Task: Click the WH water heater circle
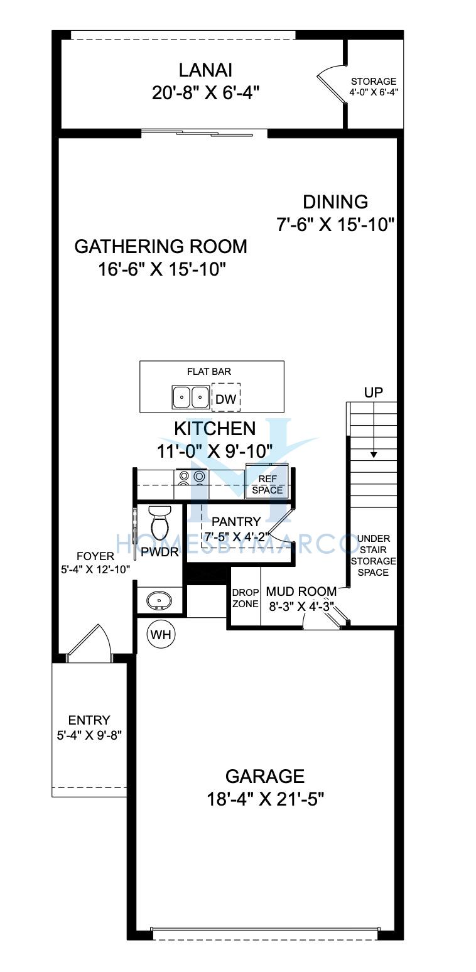click(x=161, y=635)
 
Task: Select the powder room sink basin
click(x=159, y=600)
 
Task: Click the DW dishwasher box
click(x=226, y=397)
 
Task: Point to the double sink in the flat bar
click(x=191, y=397)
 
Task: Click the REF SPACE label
click(x=268, y=484)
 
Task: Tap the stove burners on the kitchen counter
click(x=192, y=481)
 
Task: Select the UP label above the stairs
click(x=374, y=392)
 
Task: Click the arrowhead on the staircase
click(x=374, y=455)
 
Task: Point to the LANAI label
click(x=206, y=70)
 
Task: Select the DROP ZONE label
click(x=245, y=598)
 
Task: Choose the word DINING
click(x=335, y=202)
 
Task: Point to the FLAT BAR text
click(x=208, y=372)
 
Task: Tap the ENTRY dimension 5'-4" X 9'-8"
click(x=89, y=735)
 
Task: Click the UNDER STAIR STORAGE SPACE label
click(x=373, y=556)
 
